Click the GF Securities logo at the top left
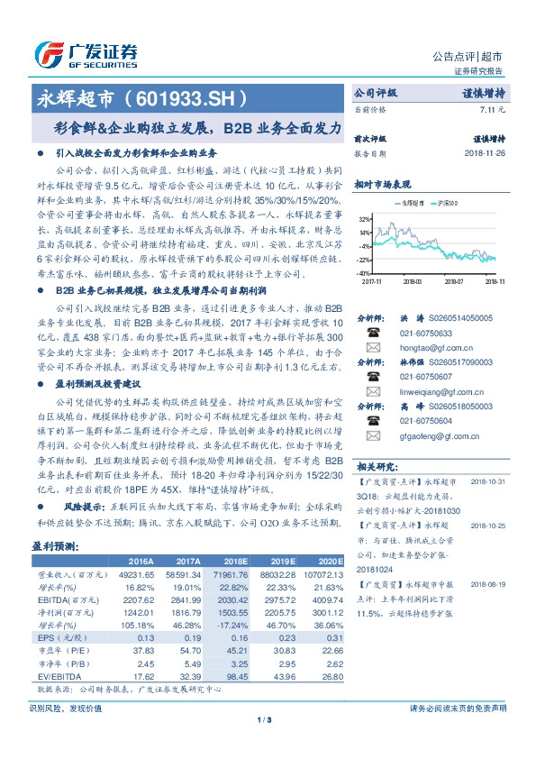(86, 52)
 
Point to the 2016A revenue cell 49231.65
(137, 574)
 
